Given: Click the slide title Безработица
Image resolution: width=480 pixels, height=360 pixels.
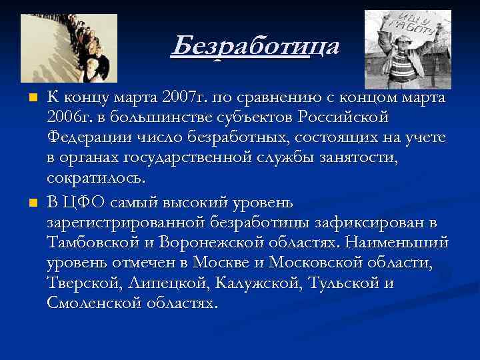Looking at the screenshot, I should coord(255,47).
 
